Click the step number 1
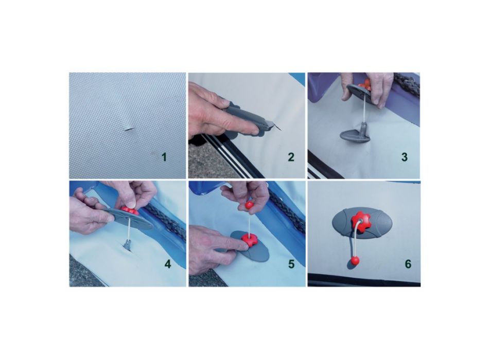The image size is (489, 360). click(x=164, y=157)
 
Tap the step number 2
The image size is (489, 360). click(x=291, y=157)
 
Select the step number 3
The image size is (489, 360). click(x=404, y=157)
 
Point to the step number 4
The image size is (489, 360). click(x=168, y=264)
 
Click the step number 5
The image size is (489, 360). click(x=291, y=264)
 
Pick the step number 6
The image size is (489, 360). click(x=408, y=264)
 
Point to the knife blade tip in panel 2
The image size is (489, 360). click(x=281, y=131)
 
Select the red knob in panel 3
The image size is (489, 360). click(x=364, y=84)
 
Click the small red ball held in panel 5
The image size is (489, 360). click(x=249, y=205)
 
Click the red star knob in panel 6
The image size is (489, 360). click(x=361, y=222)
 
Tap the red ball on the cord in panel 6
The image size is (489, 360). click(x=355, y=261)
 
